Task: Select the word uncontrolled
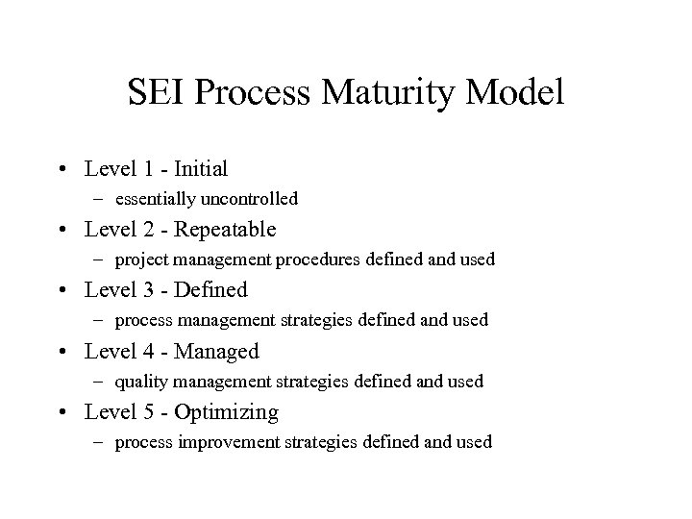pos(250,199)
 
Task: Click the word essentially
pos(156,199)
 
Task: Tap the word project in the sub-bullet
pos(138,260)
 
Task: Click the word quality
pos(137,383)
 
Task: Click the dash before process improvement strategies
pos(99,442)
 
